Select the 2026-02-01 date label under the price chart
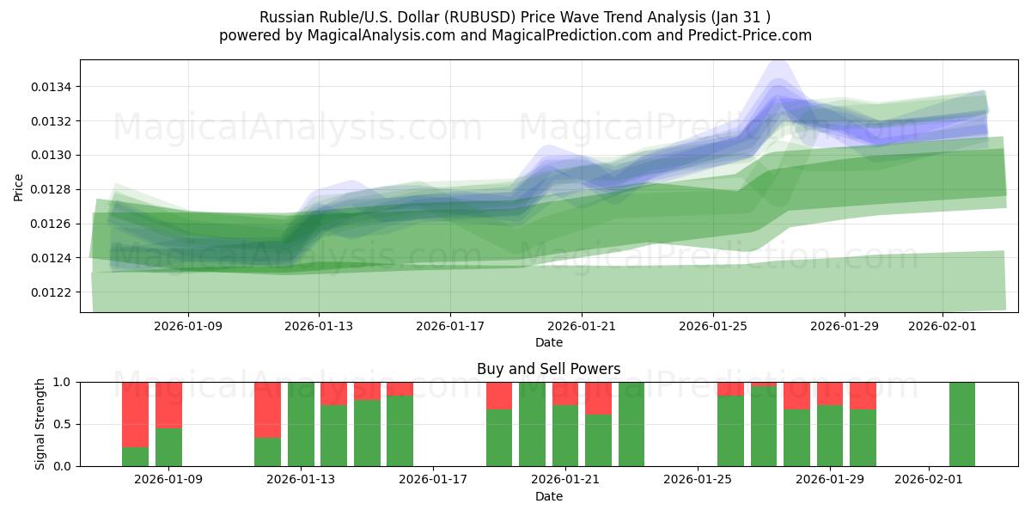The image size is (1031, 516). pyautogui.click(x=942, y=326)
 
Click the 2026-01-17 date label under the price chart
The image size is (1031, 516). pyautogui.click(x=449, y=326)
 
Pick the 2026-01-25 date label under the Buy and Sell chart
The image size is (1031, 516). pyautogui.click(x=698, y=479)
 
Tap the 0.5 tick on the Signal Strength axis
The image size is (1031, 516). pyautogui.click(x=64, y=424)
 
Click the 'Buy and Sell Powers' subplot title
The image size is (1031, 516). pyautogui.click(x=548, y=369)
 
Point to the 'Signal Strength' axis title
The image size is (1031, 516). pyautogui.click(x=40, y=423)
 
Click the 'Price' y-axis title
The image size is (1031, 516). pyautogui.click(x=19, y=187)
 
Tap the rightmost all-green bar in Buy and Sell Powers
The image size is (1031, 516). pyautogui.click(x=961, y=424)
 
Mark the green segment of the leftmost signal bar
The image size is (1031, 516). pyautogui.click(x=135, y=457)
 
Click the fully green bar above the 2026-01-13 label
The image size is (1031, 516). pyautogui.click(x=301, y=424)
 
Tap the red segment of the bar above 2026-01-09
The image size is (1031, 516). pyautogui.click(x=168, y=404)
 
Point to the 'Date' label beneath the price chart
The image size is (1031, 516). pyautogui.click(x=549, y=342)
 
